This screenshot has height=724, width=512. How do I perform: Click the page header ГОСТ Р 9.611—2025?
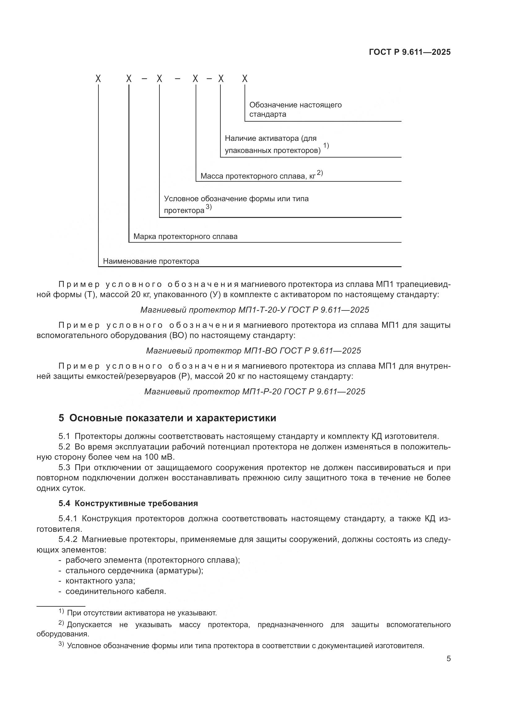410,52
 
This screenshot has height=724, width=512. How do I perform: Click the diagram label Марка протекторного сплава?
185,236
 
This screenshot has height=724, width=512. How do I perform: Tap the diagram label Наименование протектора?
151,261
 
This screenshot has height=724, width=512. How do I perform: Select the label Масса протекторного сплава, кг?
258,176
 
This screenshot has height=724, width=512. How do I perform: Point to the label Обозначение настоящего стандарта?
295,109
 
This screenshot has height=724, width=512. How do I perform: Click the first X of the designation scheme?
98,79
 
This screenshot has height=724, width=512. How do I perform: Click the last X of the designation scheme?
245,79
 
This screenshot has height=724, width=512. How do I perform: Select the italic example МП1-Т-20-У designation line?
254,310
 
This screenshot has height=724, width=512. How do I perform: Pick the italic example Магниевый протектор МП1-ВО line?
254,351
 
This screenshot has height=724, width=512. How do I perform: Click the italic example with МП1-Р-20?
254,391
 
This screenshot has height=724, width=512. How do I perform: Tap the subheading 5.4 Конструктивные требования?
128,503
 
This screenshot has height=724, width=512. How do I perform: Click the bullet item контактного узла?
100,581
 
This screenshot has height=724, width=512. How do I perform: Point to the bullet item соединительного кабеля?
115,591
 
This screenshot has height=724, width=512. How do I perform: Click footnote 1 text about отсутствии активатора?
142,613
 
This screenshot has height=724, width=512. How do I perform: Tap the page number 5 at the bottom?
448,659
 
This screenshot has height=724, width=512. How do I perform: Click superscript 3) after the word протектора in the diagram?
208,207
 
